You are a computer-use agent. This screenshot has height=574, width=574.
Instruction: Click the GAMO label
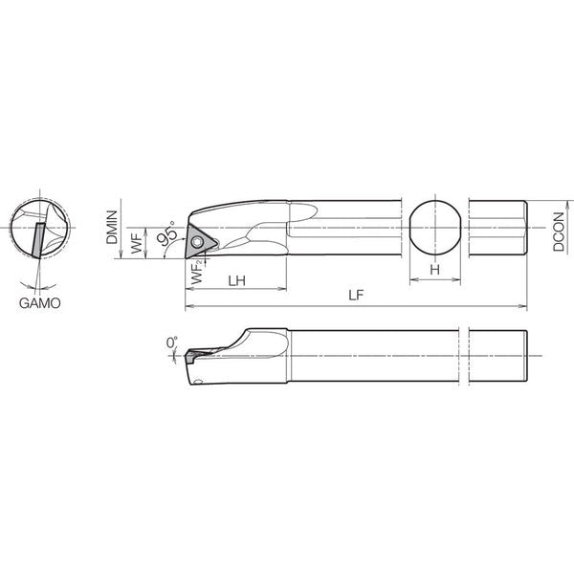coord(40,303)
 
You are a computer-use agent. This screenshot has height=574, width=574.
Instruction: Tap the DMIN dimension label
coord(112,227)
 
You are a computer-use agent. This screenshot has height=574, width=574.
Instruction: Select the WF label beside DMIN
coord(137,242)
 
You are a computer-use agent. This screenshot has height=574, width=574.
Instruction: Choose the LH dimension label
coord(237,281)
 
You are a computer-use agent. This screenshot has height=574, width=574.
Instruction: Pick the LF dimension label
coord(357,296)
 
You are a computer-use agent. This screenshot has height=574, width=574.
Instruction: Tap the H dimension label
coord(435,270)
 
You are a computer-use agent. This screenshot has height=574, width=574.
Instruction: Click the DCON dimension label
coord(559,232)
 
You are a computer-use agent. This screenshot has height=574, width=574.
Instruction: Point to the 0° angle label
coord(171,342)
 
